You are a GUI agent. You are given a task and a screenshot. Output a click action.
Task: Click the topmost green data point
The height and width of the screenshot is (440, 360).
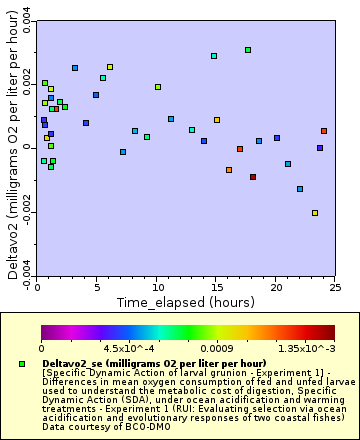tap(248, 50)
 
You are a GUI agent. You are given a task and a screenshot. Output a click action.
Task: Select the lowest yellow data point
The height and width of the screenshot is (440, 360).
tap(315, 213)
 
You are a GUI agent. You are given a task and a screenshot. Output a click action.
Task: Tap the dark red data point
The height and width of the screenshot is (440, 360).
tap(253, 177)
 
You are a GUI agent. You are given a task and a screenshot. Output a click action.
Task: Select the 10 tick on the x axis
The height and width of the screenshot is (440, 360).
tap(156, 286)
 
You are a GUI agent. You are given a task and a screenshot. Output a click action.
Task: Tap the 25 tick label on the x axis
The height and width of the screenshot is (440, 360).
tap(334, 286)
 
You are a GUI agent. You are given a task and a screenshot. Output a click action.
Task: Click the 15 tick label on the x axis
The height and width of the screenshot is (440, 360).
tap(215, 286)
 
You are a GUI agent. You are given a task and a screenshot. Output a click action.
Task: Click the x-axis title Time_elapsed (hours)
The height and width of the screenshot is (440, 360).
tap(185, 301)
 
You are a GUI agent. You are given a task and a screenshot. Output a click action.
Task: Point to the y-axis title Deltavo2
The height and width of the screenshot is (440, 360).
tap(13, 150)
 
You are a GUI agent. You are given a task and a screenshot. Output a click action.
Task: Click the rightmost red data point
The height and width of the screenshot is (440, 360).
tap(324, 131)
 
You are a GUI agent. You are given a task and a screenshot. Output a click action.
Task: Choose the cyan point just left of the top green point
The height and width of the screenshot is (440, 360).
tap(214, 57)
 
